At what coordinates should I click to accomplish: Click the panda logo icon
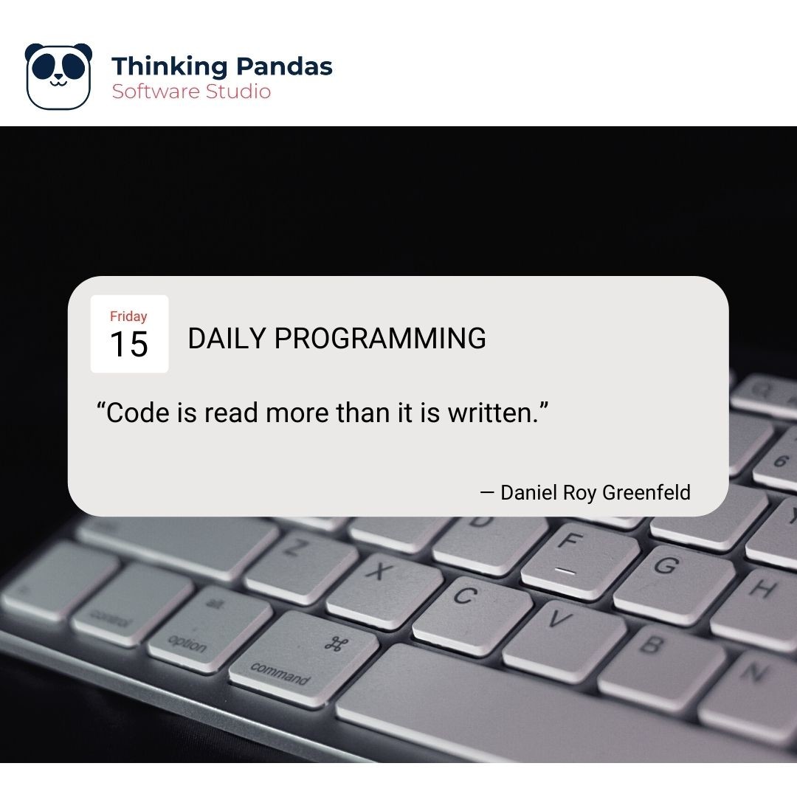[59, 76]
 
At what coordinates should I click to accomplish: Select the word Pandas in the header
[284, 66]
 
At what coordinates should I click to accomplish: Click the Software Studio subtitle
[191, 92]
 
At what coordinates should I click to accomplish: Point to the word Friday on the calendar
[128, 317]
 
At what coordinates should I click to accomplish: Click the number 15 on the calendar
[129, 345]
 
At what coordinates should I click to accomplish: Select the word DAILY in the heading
[227, 339]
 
